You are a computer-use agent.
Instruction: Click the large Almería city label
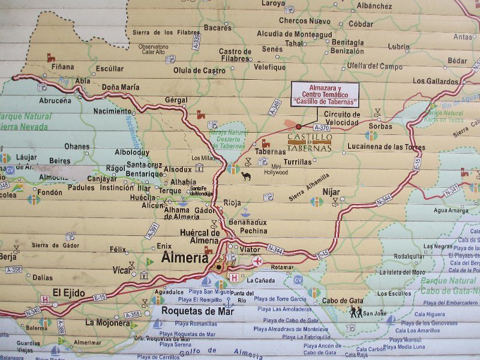pyautogui.click(x=185, y=259)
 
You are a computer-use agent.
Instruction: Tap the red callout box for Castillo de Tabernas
pyautogui.click(x=325, y=95)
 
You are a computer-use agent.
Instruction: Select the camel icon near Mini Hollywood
pyautogui.click(x=246, y=176)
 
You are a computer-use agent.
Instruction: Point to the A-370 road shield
pyautogui.click(x=322, y=127)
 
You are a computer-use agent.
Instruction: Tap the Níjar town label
pyautogui.click(x=331, y=192)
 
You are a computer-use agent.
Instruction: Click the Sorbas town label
pyautogui.click(x=380, y=127)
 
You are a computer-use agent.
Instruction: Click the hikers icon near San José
pyautogui.click(x=355, y=311)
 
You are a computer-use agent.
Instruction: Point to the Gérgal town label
pyautogui.click(x=176, y=100)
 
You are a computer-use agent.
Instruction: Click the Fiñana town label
pyautogui.click(x=62, y=67)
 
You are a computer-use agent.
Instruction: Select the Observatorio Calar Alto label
pyautogui.click(x=153, y=49)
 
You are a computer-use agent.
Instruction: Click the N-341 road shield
pyautogui.click(x=451, y=190)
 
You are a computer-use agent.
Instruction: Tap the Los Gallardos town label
pyautogui.click(x=436, y=81)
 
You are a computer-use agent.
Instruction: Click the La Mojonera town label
pyautogui.click(x=107, y=322)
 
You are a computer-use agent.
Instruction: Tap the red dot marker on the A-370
pyautogui.click(x=299, y=127)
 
